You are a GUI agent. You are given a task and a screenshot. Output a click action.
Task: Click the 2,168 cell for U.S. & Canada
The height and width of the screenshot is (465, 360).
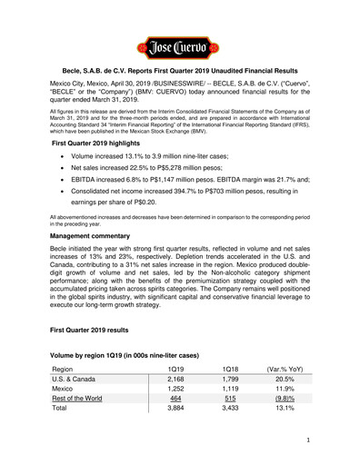point(180,378)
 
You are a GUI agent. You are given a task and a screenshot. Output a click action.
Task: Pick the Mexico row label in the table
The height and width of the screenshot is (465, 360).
point(69,391)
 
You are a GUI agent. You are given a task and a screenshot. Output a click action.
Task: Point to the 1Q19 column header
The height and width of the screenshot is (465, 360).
point(180,364)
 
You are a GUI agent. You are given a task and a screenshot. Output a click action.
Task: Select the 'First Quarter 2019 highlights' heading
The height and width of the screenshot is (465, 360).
point(107,143)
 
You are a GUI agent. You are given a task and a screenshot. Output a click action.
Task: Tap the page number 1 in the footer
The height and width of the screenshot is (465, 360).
point(335,440)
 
